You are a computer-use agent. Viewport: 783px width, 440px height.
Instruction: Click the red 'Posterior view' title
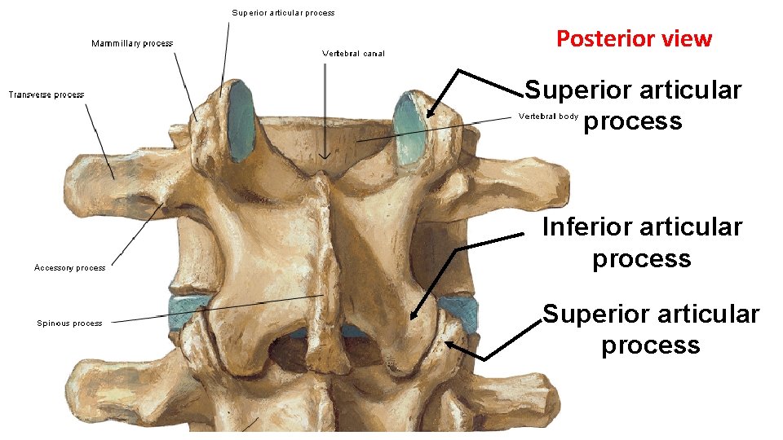click(634, 38)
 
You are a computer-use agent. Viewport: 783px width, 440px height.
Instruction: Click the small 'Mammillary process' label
click(131, 43)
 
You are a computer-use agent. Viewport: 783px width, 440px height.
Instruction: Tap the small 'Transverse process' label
click(46, 95)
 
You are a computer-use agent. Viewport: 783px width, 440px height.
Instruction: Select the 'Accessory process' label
click(69, 267)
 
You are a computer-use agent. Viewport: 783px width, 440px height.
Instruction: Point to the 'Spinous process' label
click(69, 323)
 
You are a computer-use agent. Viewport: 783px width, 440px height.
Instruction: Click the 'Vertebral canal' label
click(353, 54)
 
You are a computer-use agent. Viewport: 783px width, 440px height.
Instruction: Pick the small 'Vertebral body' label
click(548, 117)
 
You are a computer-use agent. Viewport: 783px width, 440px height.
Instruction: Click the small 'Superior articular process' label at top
click(283, 12)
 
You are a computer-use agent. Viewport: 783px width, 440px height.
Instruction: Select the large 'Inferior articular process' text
click(642, 242)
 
